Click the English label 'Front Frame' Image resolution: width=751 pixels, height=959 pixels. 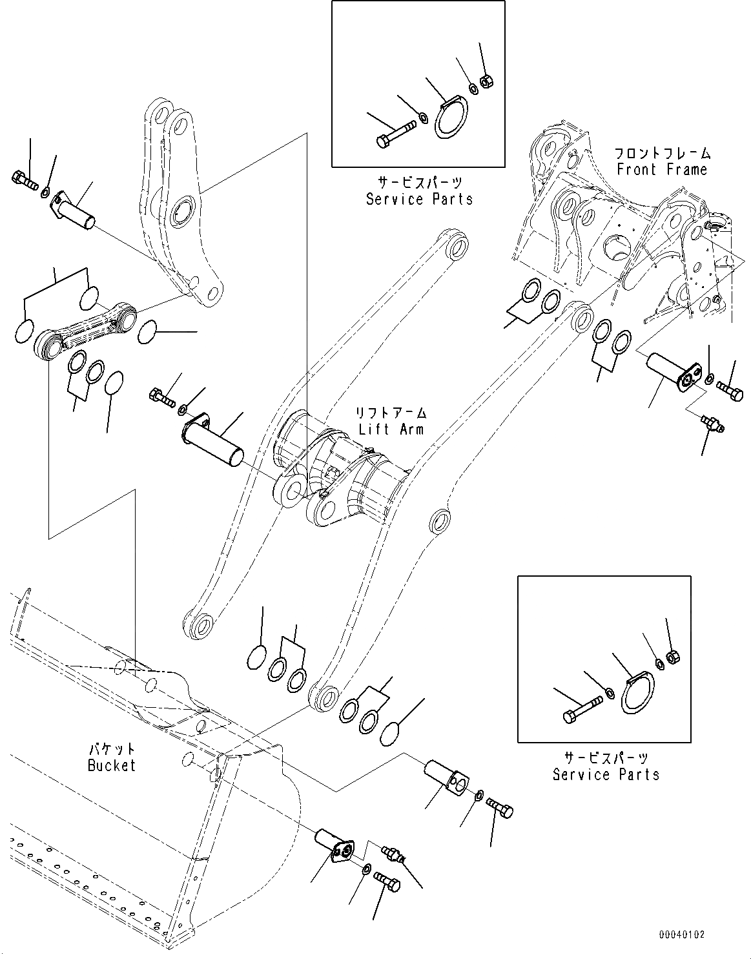pyautogui.click(x=662, y=170)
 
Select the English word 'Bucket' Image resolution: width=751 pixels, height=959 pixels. pyautogui.click(x=112, y=765)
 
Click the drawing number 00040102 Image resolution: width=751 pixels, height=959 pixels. pyautogui.click(x=682, y=934)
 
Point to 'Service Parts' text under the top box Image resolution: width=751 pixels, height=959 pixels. pyautogui.click(x=419, y=199)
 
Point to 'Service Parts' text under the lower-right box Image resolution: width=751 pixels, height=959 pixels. pyautogui.click(x=606, y=774)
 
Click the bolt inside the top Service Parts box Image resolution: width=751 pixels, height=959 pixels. pyautogui.click(x=393, y=135)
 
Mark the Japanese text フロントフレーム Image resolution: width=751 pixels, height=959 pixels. pyautogui.click(x=662, y=154)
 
